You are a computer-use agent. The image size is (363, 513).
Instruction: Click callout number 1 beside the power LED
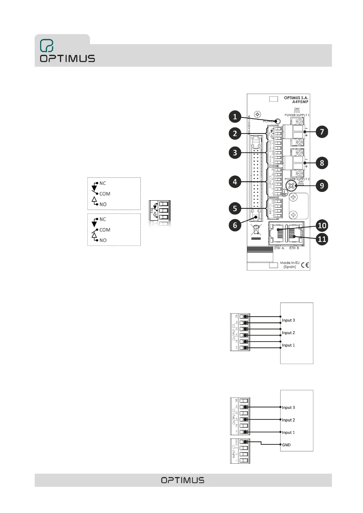click(x=235, y=117)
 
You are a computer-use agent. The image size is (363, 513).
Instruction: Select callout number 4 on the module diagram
click(x=235, y=182)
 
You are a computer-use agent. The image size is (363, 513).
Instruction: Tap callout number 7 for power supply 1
click(x=322, y=132)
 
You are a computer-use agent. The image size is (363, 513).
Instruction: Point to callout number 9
click(x=322, y=186)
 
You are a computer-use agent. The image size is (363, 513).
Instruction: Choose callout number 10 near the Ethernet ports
click(x=322, y=225)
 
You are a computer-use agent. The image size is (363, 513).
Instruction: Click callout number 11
click(x=322, y=239)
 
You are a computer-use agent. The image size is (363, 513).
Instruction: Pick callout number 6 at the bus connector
click(x=235, y=225)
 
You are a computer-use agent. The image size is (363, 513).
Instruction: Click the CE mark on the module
click(x=305, y=265)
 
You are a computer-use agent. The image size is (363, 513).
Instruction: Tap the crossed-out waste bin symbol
click(x=256, y=230)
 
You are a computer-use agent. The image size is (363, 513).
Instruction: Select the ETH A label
click(x=279, y=248)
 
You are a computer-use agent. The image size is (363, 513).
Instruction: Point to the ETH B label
click(x=294, y=248)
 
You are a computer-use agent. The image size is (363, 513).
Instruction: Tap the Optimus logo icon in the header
click(x=47, y=46)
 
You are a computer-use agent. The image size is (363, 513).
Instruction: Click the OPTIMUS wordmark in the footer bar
click(x=183, y=480)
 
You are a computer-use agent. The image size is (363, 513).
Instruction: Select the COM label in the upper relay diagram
click(x=105, y=194)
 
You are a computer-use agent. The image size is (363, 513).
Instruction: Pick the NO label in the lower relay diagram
click(x=103, y=240)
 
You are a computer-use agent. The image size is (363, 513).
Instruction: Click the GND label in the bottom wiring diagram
click(x=286, y=445)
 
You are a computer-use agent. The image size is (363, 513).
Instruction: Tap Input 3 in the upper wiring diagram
click(x=288, y=320)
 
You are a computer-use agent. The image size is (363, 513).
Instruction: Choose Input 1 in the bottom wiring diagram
click(x=288, y=432)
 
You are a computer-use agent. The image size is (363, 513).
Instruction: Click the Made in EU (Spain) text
click(x=290, y=265)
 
